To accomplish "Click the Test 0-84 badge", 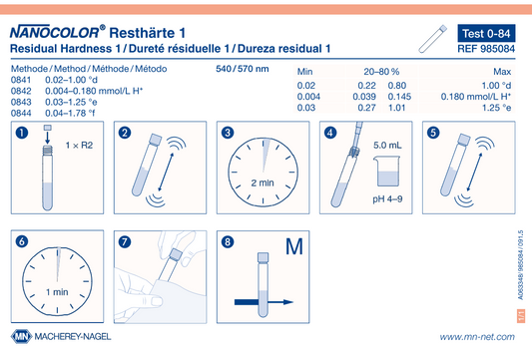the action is pos(486,33).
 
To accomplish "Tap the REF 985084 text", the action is pos(486,49).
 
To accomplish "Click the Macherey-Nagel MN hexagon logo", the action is pos(21,337).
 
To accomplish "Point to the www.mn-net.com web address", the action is pos(477,337).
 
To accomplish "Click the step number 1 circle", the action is pos(22,133).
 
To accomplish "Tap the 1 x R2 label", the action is pos(79,146).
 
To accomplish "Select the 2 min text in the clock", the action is pos(263,183).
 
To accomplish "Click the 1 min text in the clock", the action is pos(57,292).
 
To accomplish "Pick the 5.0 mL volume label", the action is pos(387,146).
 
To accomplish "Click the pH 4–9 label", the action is pos(387,199).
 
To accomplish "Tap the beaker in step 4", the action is pos(387,172).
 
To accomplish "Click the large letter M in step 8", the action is pos(293,246).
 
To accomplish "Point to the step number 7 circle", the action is pos(125,242).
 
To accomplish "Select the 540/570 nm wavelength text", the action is pos(243,69).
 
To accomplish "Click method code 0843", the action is pos(21,102).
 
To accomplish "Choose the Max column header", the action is pos(502,72).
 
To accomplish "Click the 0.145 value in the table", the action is pos(399,97).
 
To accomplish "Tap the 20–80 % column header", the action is pos(381,72).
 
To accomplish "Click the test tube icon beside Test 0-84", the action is pos(432,39).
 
